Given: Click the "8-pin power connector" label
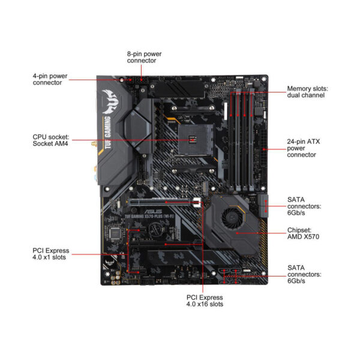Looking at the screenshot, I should click(144, 57).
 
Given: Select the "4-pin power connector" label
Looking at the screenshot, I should click(55, 79).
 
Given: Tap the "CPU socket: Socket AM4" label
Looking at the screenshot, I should click(50, 140).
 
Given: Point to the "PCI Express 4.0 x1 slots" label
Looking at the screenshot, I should click(50, 254).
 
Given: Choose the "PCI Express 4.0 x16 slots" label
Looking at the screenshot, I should click(204, 301).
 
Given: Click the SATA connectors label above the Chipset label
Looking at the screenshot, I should click(304, 206).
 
